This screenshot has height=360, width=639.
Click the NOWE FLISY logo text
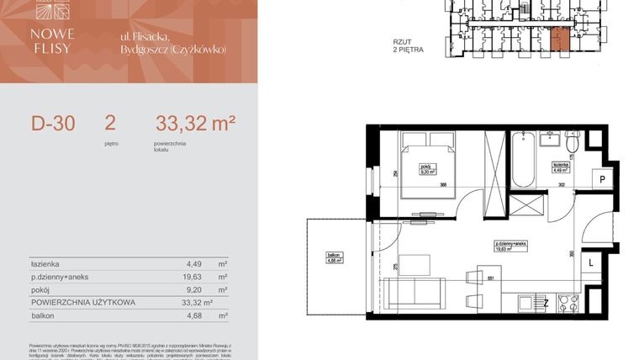coord(51,40)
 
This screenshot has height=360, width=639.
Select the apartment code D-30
coord(53,124)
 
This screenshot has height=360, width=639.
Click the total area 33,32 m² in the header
coord(194,124)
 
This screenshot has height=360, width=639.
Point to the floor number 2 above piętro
coord(110,123)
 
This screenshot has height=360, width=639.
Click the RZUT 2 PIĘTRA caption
coord(408,45)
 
